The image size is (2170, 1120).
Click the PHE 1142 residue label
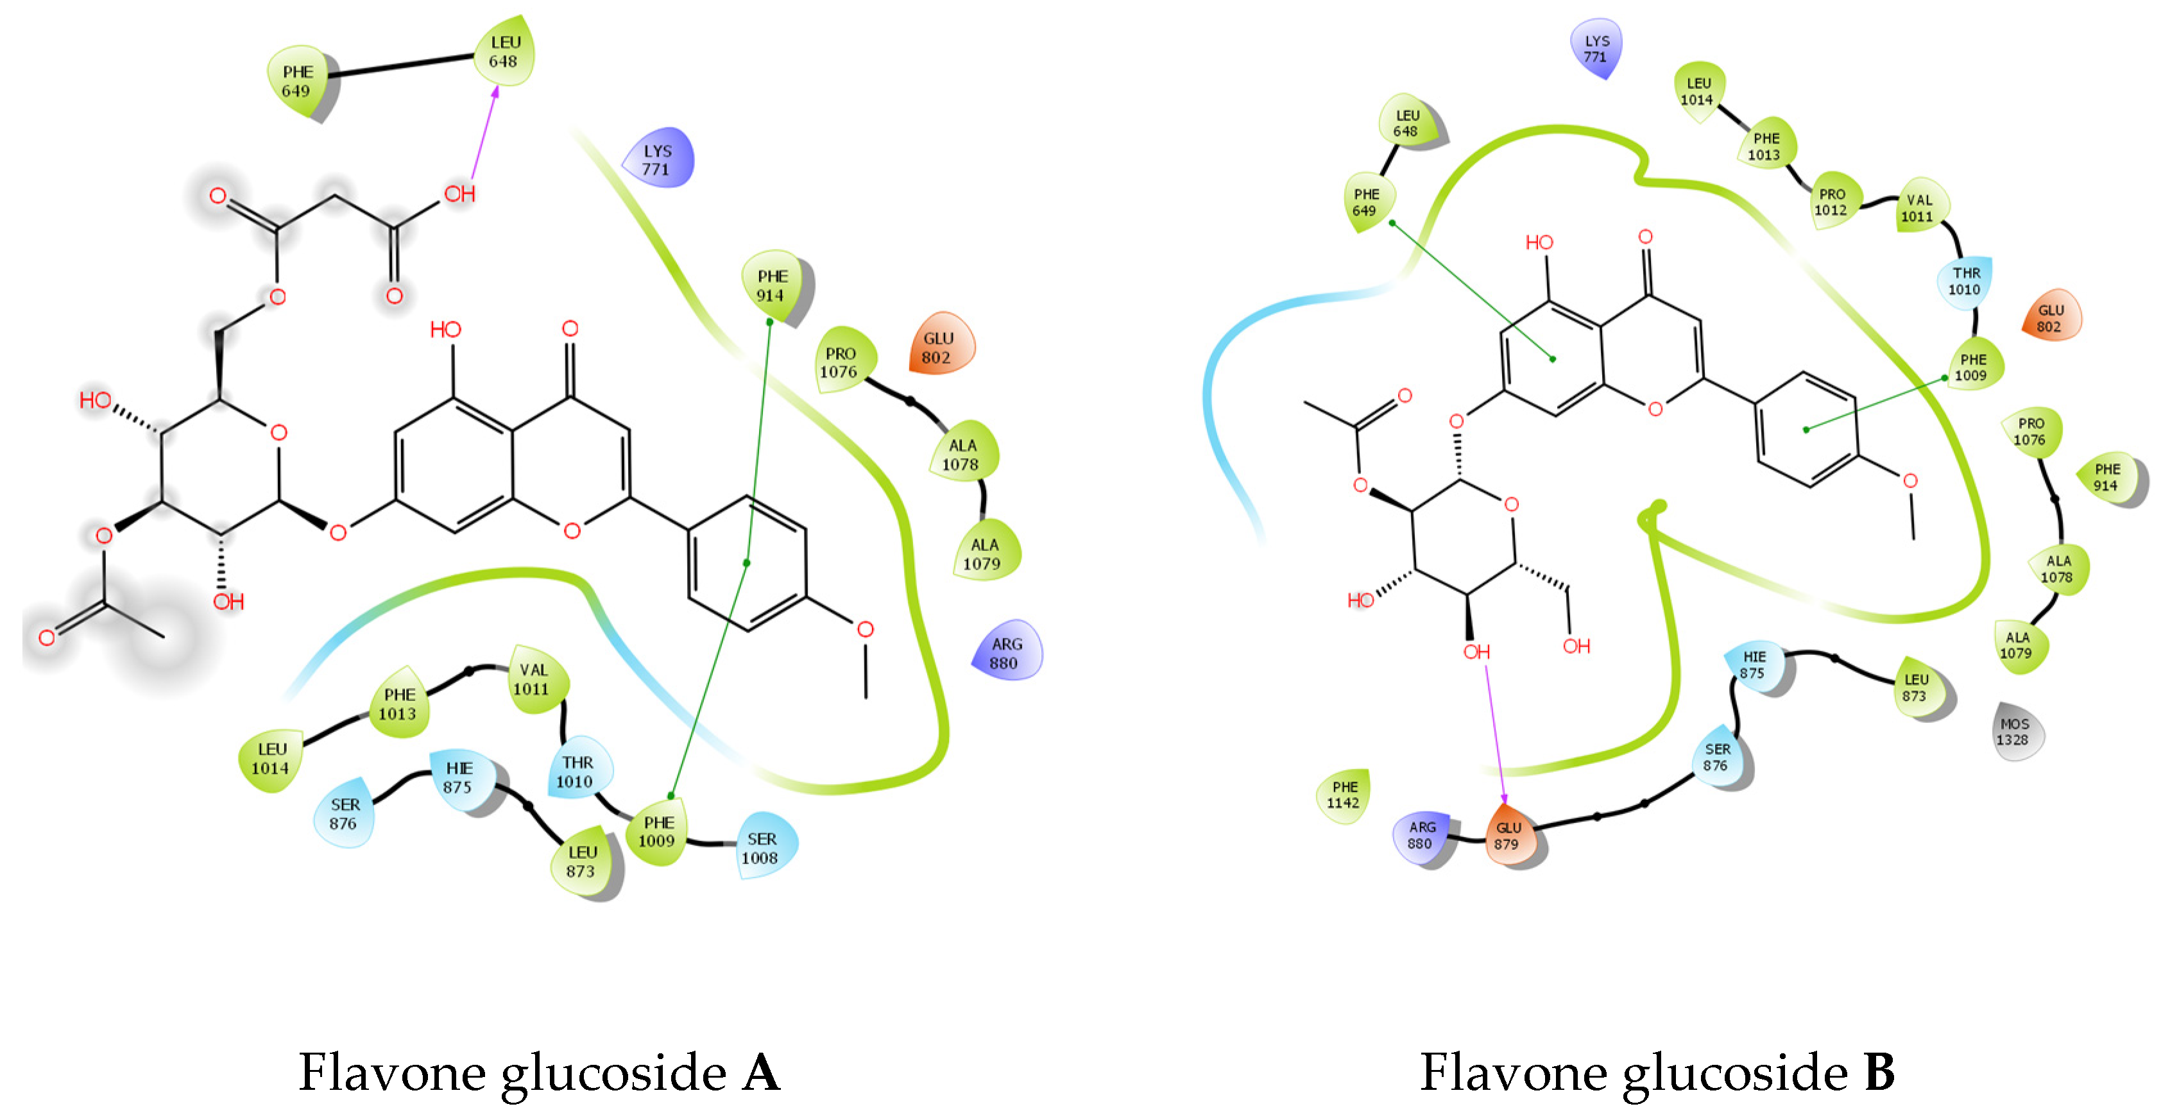(x=1344, y=795)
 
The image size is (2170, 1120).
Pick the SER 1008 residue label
(x=761, y=848)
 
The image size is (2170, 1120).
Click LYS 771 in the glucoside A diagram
(x=657, y=159)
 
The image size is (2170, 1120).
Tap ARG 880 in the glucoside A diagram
(x=1006, y=652)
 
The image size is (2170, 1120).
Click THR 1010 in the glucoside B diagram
(x=1965, y=281)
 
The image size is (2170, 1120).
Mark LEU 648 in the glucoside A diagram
(x=504, y=51)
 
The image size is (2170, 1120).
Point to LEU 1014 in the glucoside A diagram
(x=270, y=758)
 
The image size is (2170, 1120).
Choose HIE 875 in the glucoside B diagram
(x=1754, y=665)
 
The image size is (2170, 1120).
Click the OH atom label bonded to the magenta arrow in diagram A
(x=460, y=194)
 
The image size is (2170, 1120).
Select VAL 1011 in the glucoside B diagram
(x=1919, y=208)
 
